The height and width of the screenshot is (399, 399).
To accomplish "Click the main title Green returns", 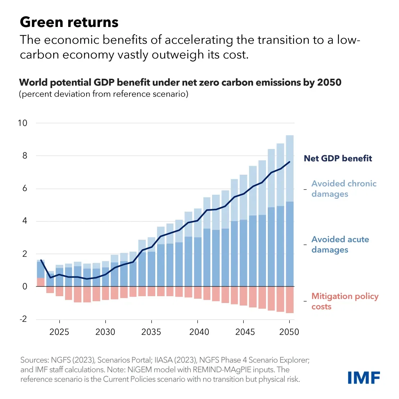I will click(69, 22).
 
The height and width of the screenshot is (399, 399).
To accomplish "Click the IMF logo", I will click(364, 378).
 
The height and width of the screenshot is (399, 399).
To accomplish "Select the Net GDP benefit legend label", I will click(338, 159).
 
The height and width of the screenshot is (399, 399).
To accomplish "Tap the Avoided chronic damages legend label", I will click(344, 189).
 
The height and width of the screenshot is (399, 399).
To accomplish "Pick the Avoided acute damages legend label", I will click(340, 244).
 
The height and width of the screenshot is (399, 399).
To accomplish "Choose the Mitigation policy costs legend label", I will click(344, 301).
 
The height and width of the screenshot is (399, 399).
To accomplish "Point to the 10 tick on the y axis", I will click(22, 123).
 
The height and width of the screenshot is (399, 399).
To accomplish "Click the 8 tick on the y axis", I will click(24, 156).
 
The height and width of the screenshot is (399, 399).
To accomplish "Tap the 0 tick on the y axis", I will click(24, 286).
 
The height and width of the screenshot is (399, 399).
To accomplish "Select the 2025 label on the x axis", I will click(59, 332).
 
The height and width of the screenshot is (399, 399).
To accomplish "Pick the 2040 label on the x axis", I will click(197, 332).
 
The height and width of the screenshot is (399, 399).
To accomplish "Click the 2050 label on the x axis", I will click(289, 332).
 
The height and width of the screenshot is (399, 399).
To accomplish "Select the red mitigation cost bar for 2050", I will click(290, 300).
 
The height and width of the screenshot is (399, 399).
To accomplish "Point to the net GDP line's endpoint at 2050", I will click(290, 162).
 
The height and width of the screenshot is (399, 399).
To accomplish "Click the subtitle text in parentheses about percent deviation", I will click(104, 94).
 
